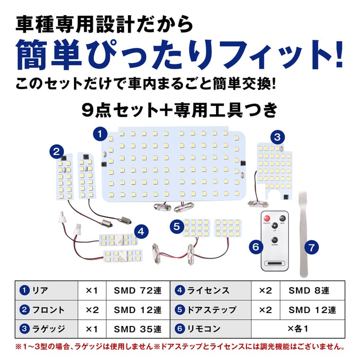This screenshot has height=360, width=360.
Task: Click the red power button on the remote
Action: pyautogui.click(x=267, y=218)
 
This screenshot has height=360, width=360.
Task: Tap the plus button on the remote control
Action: pyautogui.click(x=275, y=225)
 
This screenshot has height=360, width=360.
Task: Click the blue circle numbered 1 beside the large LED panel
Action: pyautogui.click(x=100, y=134)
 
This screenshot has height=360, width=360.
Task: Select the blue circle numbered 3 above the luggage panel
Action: pyautogui.click(x=278, y=137)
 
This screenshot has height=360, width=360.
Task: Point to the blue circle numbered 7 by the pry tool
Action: pyautogui.click(x=312, y=247)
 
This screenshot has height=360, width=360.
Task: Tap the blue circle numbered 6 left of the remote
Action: pyautogui.click(x=256, y=247)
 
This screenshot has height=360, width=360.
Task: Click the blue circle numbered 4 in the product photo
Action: pyautogui.click(x=141, y=232)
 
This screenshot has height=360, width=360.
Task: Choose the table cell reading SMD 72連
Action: pyautogui.click(x=138, y=291)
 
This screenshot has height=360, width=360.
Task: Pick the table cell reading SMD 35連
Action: pyautogui.click(x=138, y=329)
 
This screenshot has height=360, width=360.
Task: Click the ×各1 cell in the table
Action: pyautogui.click(x=298, y=329)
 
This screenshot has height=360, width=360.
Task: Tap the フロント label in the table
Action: pyautogui.click(x=48, y=310)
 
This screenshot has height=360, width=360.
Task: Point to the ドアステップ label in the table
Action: pyautogui.click(x=212, y=310)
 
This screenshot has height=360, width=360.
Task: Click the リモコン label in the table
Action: pyautogui.click(x=204, y=329)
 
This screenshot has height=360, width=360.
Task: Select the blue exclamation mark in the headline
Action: pyautogui.click(x=338, y=54)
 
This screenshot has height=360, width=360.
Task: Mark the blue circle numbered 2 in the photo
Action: pyautogui.click(x=57, y=152)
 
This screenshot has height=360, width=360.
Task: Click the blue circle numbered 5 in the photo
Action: pyautogui.click(x=177, y=226)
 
